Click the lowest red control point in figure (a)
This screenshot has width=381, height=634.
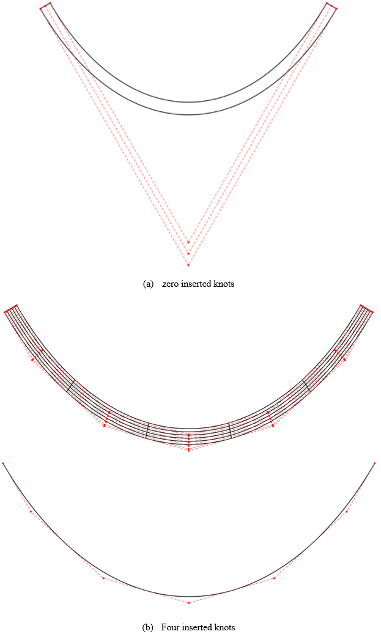tap(188, 265)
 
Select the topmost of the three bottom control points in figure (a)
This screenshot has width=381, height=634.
tap(188, 242)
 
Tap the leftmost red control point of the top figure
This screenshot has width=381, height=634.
tap(41, 8)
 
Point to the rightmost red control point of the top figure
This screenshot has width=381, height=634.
tap(336, 9)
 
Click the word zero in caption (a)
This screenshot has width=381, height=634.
tap(171, 284)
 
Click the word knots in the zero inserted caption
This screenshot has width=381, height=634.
tap(224, 284)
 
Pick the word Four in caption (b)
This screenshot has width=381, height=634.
tap(169, 627)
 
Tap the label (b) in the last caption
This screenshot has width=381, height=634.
tap(147, 627)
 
